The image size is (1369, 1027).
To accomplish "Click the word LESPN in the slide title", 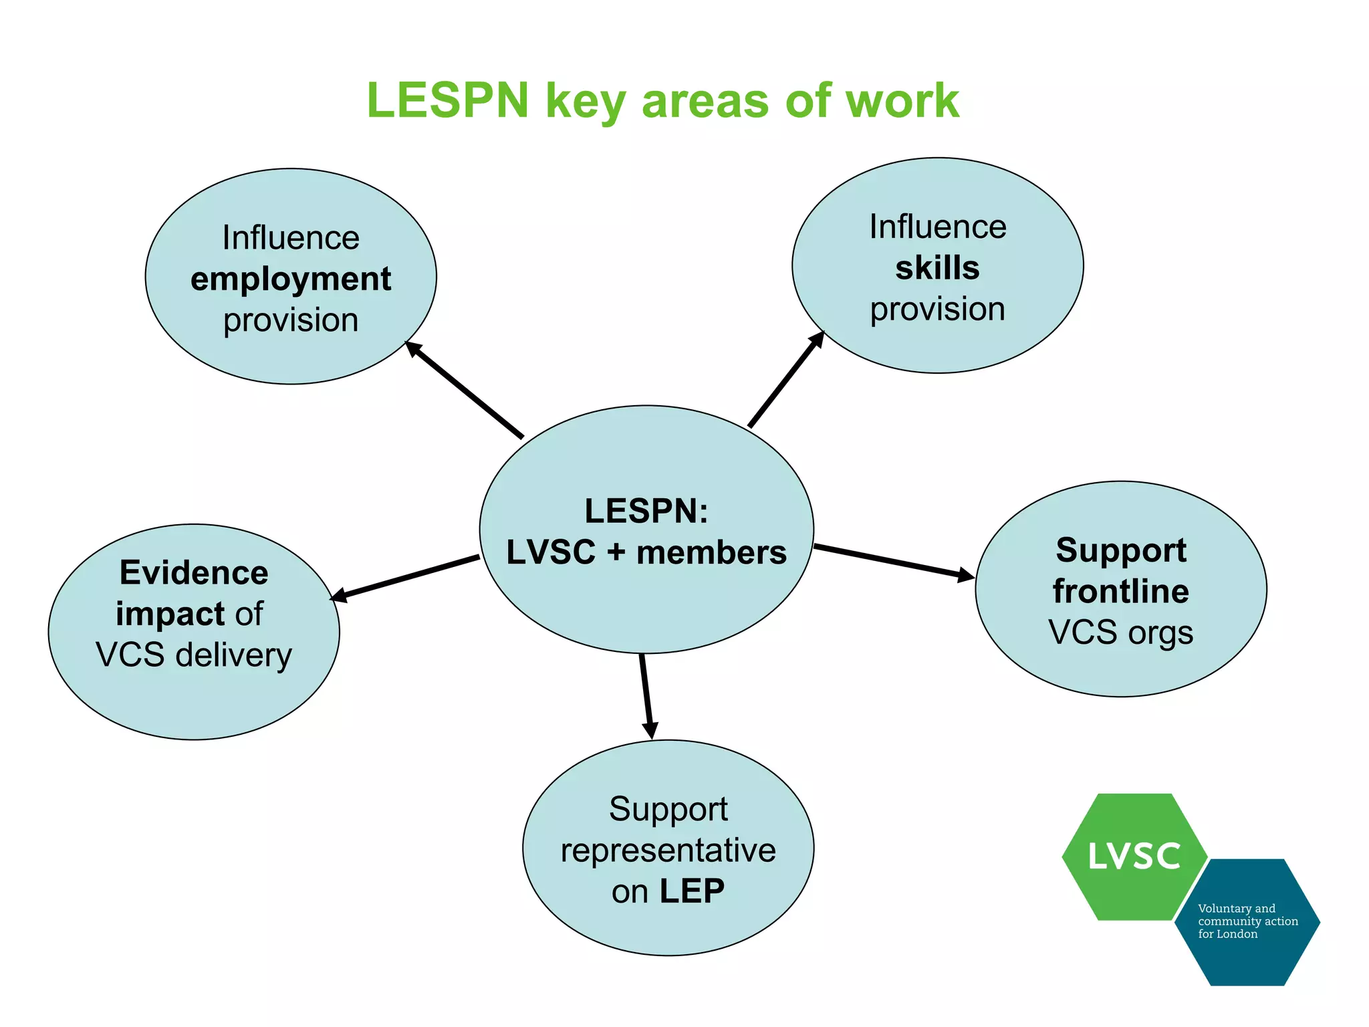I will pos(447,101).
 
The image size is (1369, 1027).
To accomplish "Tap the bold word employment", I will pos(291,279).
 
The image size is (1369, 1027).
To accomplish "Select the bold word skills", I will pos(937,268).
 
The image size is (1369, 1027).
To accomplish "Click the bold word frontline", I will pos(1121,592).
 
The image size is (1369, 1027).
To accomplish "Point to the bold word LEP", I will pos(692,891).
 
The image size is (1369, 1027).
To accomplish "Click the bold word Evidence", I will pos(194,573).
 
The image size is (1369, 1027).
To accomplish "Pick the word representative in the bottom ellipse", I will pos(668,850).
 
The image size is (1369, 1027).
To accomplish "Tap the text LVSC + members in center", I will pos(646,553).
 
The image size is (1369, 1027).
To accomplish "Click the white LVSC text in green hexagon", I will pos(1134,857).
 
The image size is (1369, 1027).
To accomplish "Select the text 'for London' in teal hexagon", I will pos(1227,934).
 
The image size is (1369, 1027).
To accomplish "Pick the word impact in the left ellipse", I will pos(170,614).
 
